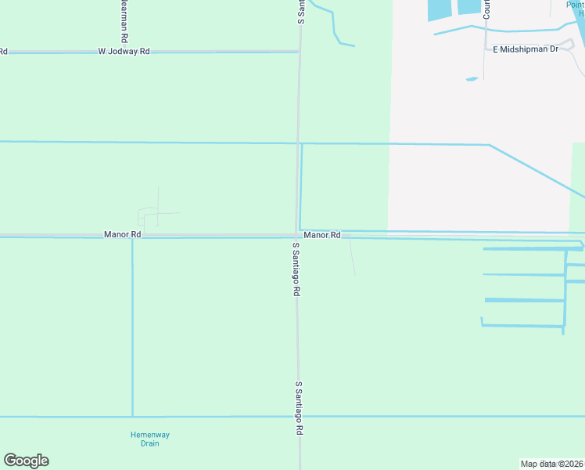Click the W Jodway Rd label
(124, 51)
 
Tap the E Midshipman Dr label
(525, 49)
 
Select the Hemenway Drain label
(149, 439)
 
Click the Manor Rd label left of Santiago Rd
(122, 234)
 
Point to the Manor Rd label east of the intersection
(322, 235)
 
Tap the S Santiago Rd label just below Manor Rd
(296, 269)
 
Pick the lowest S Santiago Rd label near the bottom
(298, 408)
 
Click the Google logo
(26, 461)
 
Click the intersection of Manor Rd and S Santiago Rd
(297, 235)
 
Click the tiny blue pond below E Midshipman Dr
(472, 78)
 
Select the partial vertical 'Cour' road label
(486, 9)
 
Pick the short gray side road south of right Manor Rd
(352, 257)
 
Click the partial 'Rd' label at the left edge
(4, 51)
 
